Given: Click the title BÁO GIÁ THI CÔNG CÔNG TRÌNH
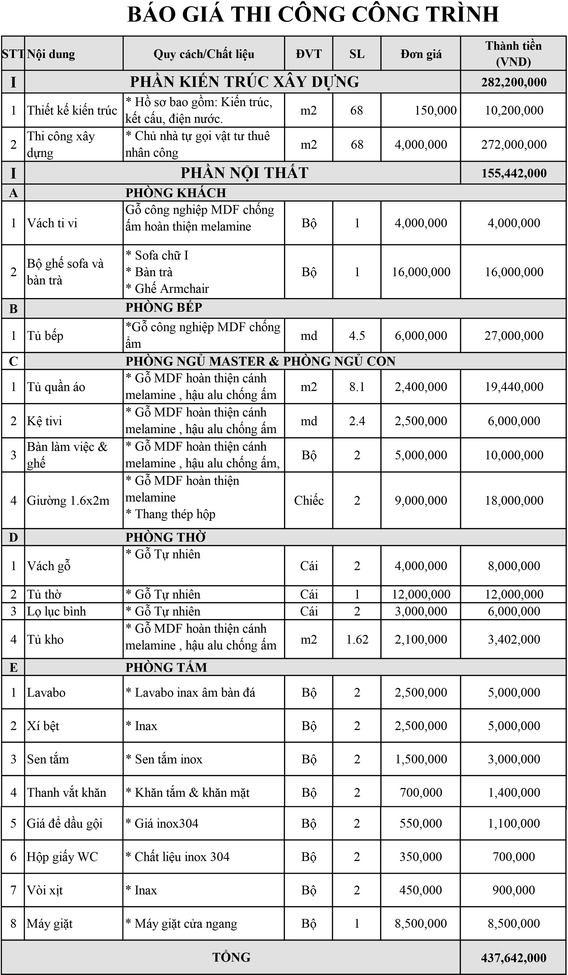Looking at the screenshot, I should click(313, 15).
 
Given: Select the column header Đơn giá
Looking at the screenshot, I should click(421, 54).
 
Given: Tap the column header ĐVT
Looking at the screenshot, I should click(309, 54).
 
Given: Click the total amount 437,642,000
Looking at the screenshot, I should click(513, 958).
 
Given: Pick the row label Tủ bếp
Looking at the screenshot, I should click(45, 336).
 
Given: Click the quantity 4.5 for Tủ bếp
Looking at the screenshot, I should click(357, 336).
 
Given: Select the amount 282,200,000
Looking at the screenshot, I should click(514, 82).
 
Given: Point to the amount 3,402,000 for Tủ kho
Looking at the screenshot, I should click(514, 639).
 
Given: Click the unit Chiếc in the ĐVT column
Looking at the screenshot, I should click(309, 500).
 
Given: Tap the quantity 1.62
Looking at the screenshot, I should click(357, 639).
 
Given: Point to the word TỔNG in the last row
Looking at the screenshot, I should click(231, 957).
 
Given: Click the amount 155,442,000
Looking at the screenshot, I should click(514, 173).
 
